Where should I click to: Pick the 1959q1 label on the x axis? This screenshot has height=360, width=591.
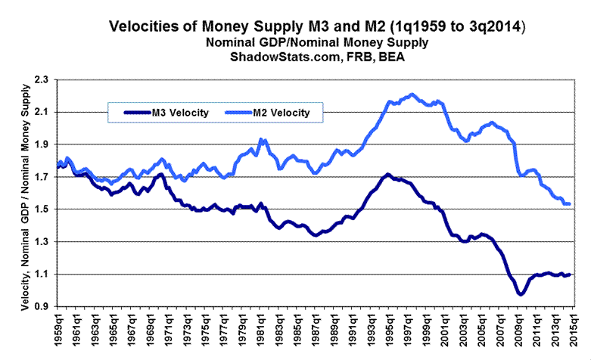58,334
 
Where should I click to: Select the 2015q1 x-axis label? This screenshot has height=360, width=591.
575,334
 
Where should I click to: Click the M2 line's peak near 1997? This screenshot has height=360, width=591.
411,95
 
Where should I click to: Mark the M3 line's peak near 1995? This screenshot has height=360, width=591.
387,175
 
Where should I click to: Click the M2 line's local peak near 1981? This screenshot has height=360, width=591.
262,140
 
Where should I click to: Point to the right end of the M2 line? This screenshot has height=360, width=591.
570,204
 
